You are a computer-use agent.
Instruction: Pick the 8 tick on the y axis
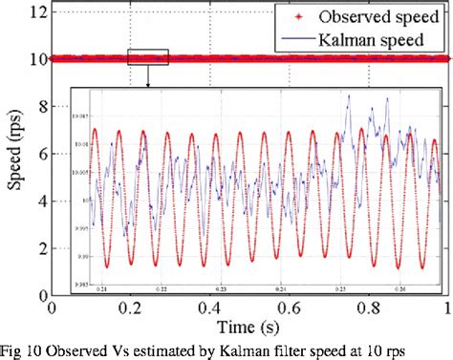coord(40,107)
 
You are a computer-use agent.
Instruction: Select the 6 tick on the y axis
coord(40,154)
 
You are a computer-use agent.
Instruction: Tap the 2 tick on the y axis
coord(40,248)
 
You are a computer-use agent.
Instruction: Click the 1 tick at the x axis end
coord(444,307)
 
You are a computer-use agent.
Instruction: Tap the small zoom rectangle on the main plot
coord(147,57)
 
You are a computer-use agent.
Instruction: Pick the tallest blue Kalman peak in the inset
coord(349,95)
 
